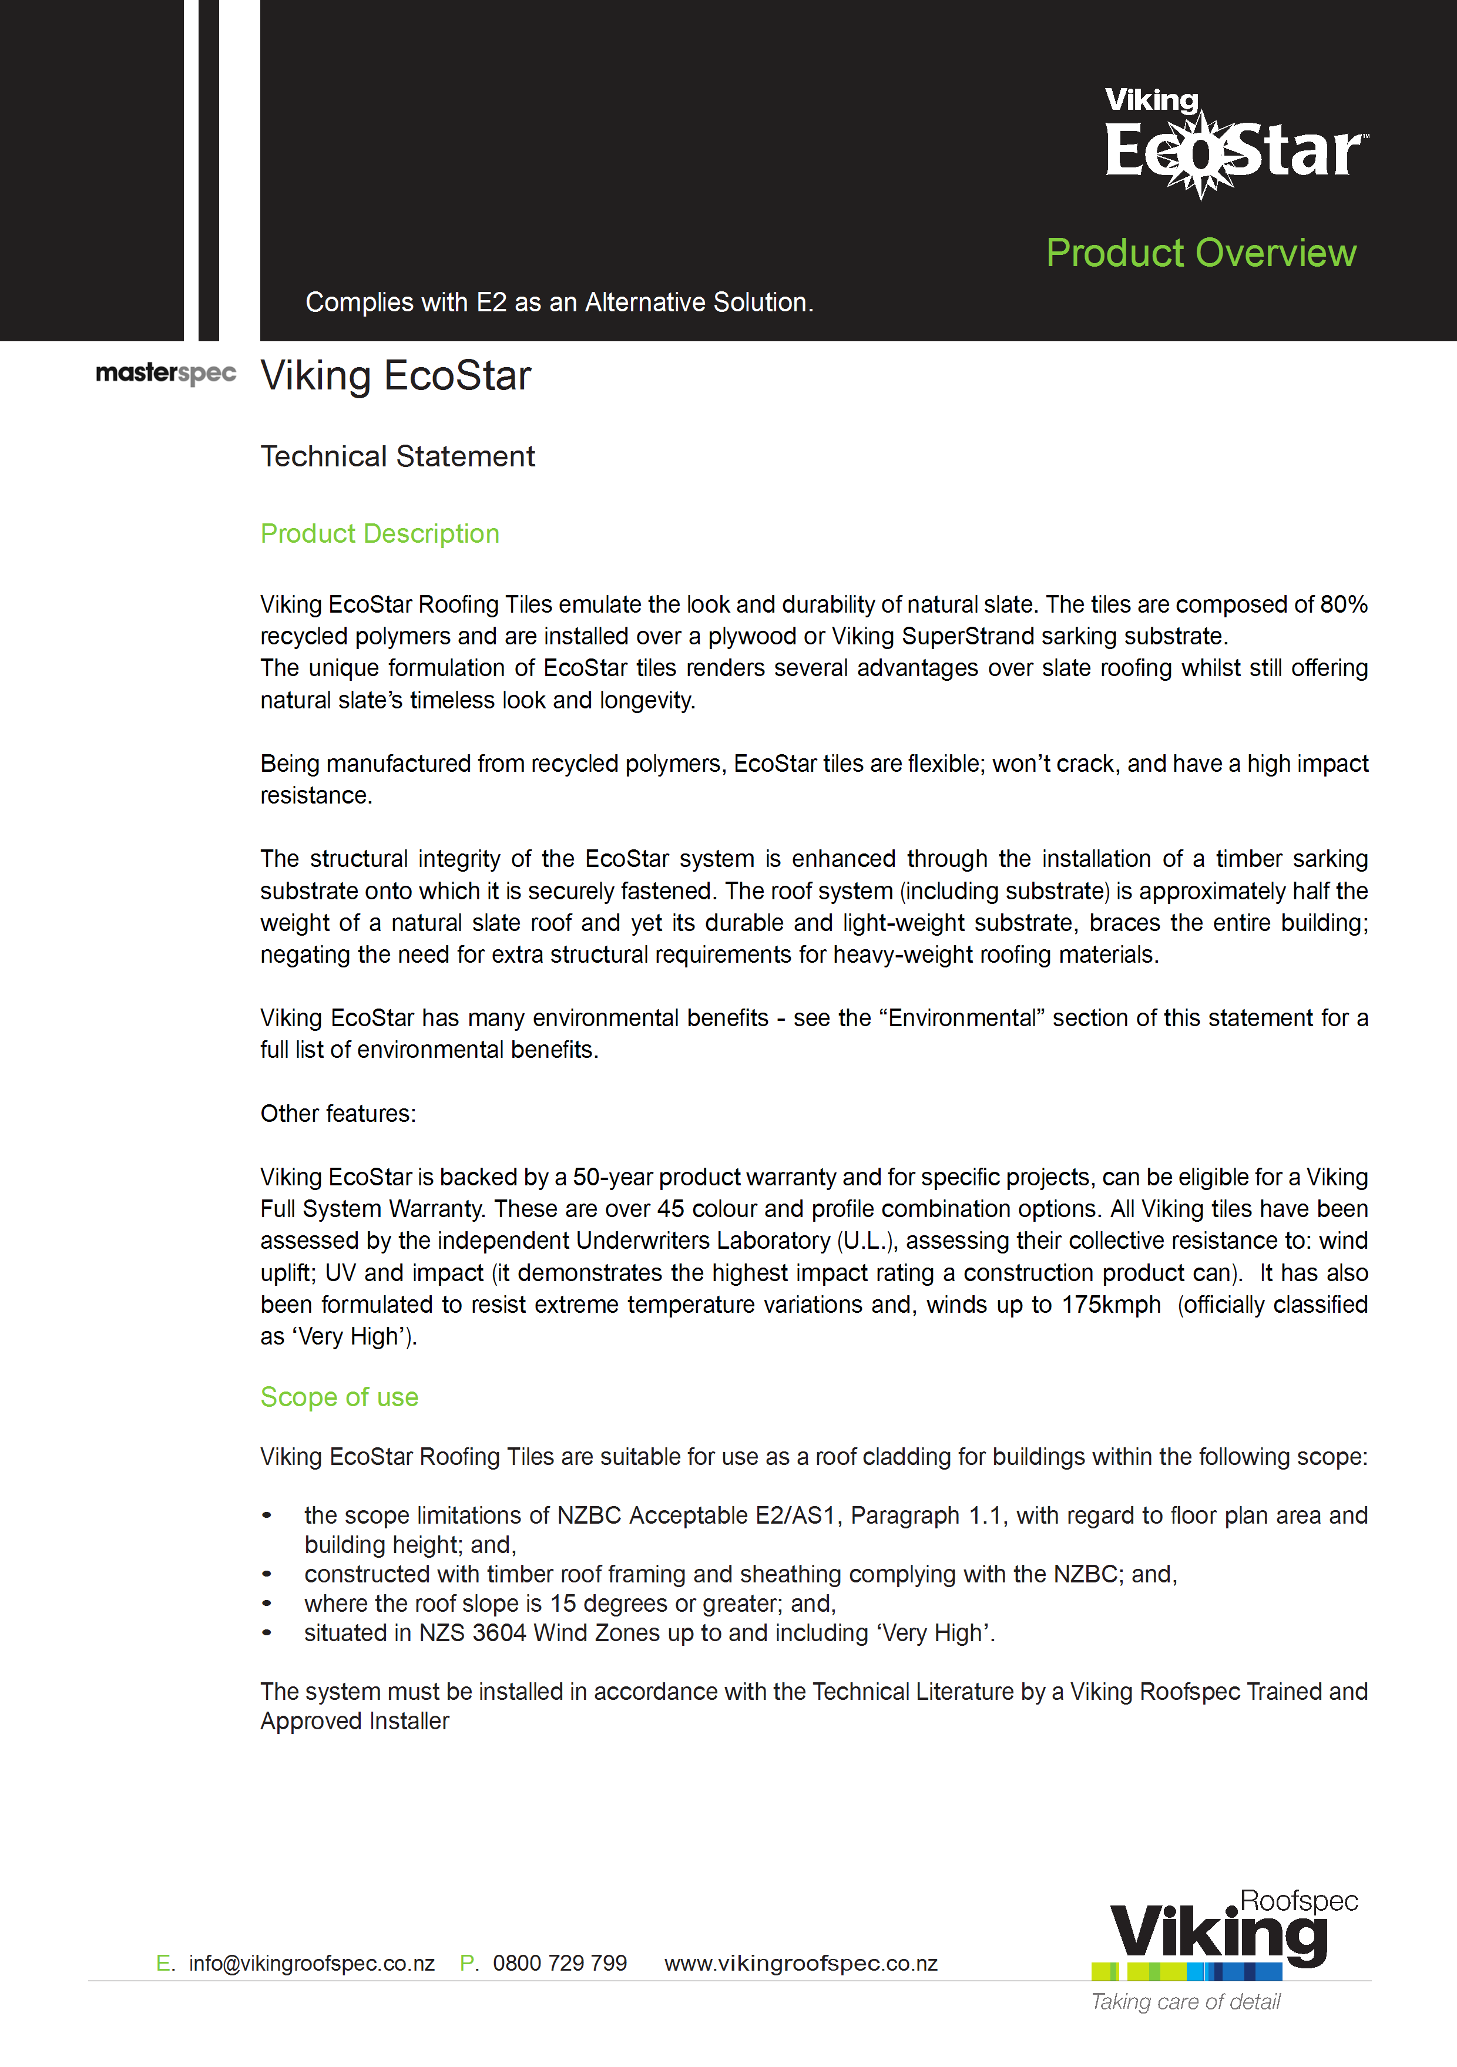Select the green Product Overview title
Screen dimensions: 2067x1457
[x=1200, y=253]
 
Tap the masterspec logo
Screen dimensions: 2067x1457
[x=166, y=373]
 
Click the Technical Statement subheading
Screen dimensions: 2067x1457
[x=397, y=456]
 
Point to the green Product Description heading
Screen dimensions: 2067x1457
[x=379, y=534]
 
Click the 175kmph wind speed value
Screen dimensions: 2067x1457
[x=1110, y=1305]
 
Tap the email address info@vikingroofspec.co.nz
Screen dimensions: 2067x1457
[x=311, y=1964]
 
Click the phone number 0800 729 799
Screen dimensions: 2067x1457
[x=559, y=1964]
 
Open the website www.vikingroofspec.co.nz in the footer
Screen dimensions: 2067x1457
[x=801, y=1964]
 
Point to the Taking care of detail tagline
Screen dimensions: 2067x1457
[x=1185, y=2002]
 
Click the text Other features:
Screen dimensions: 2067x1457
[x=338, y=1114]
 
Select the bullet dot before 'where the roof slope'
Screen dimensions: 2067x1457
[x=267, y=1604]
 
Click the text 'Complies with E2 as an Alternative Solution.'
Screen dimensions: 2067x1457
[x=559, y=303]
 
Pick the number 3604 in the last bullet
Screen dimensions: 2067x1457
[x=499, y=1633]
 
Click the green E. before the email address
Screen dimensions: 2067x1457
[x=164, y=1964]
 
